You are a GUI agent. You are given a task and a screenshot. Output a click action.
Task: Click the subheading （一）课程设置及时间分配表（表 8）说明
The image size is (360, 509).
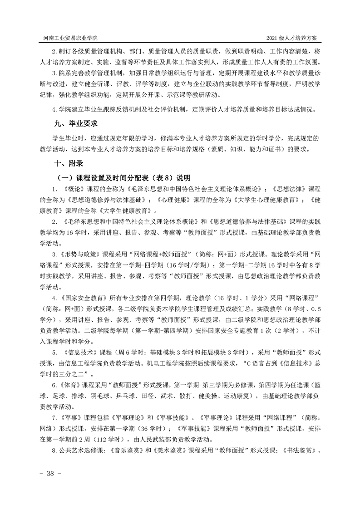pos(122,176)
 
